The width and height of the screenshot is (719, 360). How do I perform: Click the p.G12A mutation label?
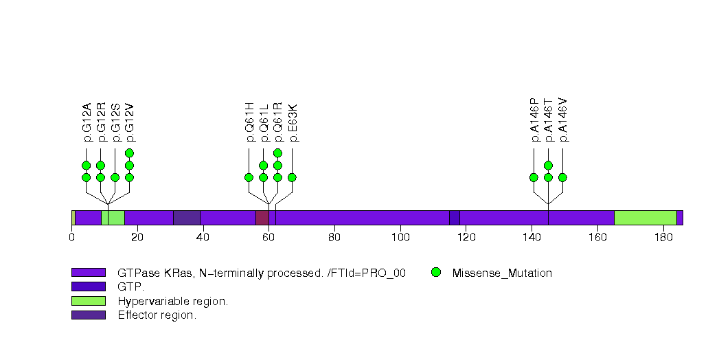(x=87, y=122)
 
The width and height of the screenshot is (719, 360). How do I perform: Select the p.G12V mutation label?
(x=130, y=122)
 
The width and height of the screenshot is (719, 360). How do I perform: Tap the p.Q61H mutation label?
(x=249, y=122)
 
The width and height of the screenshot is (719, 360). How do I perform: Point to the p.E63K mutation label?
(x=293, y=123)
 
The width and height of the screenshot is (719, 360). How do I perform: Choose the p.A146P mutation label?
(x=534, y=120)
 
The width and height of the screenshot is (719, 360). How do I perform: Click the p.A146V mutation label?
(x=563, y=120)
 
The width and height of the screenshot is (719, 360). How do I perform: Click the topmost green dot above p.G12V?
(x=129, y=153)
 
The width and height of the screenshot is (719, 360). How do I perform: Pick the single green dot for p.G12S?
(x=115, y=177)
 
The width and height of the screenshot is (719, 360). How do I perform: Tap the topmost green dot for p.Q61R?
(x=277, y=153)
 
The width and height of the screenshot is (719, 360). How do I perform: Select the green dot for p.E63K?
(x=292, y=177)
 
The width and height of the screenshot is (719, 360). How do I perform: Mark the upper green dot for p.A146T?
(x=548, y=165)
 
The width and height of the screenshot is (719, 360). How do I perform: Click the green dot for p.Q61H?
(x=249, y=177)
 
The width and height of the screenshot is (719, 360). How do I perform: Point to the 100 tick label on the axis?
(x=401, y=237)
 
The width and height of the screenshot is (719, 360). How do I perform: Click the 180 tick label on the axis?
(x=663, y=237)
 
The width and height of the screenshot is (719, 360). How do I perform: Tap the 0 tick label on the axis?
(x=72, y=237)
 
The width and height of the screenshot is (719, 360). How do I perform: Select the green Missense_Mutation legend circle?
(x=436, y=273)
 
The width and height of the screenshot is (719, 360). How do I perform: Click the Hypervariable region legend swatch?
(x=89, y=301)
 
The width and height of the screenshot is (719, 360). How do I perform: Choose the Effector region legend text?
(x=157, y=315)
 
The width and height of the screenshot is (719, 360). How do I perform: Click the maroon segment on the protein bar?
(x=262, y=218)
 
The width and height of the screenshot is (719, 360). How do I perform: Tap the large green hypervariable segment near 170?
(x=646, y=218)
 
